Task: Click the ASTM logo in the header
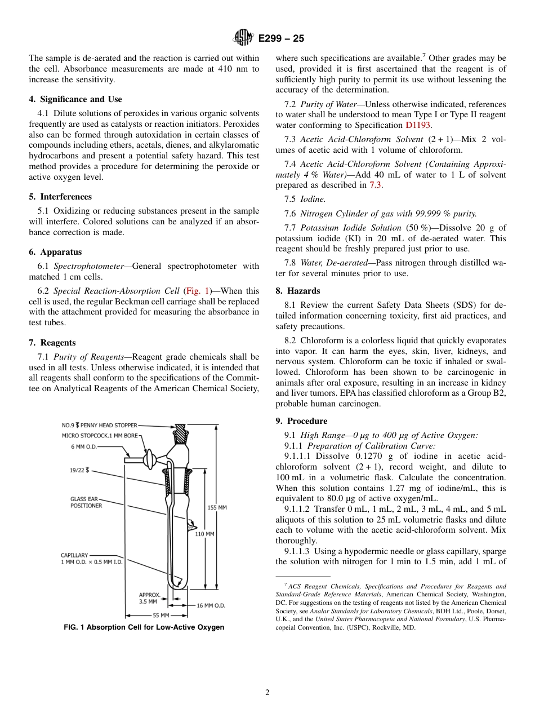coord(244,38)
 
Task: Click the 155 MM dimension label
coord(217,507)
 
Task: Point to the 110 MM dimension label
coord(204,534)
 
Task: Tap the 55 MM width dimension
coord(162,616)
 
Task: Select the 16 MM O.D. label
coord(211,605)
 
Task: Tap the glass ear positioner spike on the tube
coord(193,524)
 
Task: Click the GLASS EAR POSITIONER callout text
coord(86,502)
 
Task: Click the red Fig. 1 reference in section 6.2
coord(197,291)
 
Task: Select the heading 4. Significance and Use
coord(75,99)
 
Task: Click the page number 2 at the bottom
coord(267,693)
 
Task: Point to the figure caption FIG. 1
coord(144,627)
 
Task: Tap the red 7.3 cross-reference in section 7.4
coord(375,185)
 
